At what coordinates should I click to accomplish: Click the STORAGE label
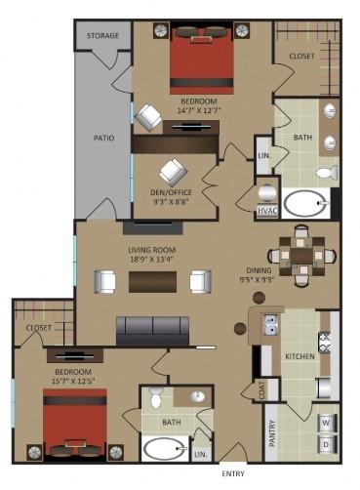102,36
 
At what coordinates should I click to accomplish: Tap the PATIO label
103,138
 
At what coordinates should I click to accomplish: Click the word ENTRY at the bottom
234,475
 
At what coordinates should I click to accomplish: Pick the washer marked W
327,423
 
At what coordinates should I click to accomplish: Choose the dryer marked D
327,445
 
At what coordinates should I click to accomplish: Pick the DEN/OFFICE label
172,191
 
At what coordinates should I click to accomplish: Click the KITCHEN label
299,357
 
